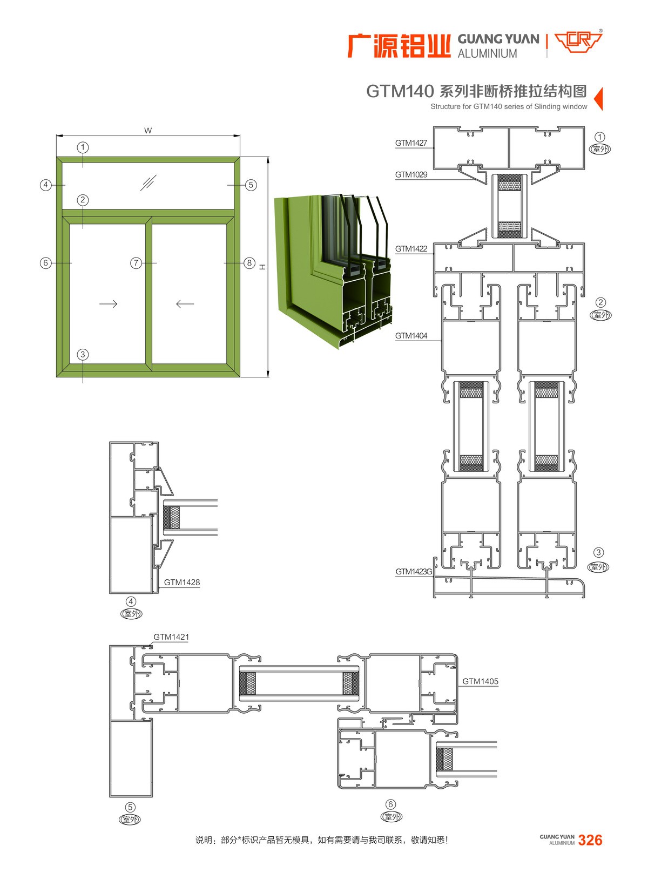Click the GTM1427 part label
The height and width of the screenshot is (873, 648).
pos(410,143)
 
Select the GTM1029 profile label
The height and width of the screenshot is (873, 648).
pos(410,174)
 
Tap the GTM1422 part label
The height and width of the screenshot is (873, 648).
pos(410,249)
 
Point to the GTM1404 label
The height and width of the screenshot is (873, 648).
pos(410,336)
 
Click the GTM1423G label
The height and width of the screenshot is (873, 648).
pos(413,572)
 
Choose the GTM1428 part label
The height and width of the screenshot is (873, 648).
pos(182,582)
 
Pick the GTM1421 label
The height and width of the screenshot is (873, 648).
pos(171,637)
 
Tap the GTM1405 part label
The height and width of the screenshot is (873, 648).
pos(480,681)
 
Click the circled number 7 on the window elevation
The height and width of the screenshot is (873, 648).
pos(136,263)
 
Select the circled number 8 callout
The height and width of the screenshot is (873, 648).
pos(249,263)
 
